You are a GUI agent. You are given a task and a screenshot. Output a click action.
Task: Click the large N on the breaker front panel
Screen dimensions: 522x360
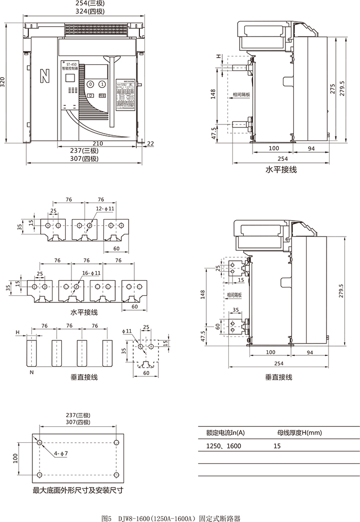tap(45, 77)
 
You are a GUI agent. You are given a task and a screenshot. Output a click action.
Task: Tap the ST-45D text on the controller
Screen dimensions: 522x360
tap(68, 64)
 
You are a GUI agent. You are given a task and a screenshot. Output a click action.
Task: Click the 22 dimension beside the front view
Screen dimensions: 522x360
tap(150, 143)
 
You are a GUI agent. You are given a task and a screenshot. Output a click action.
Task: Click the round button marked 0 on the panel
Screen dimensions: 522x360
tap(90, 84)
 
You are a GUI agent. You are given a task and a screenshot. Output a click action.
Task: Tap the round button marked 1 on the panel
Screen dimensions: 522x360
tap(102, 84)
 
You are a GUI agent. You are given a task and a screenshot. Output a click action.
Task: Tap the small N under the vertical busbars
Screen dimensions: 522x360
tap(31, 372)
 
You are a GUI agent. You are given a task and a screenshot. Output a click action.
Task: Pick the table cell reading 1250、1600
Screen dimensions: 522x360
tap(224, 446)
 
